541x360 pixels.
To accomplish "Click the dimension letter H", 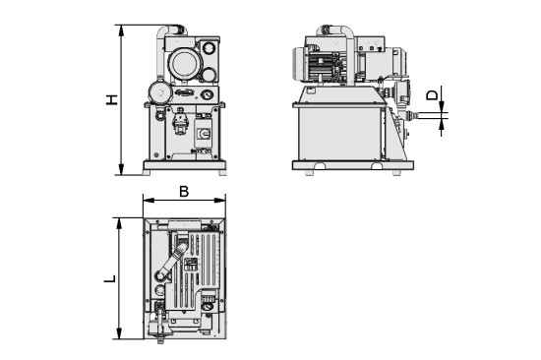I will point(112,99).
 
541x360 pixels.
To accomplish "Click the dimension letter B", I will point(183,192).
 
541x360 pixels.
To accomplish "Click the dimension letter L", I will point(111,278).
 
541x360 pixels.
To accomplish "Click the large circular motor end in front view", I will point(183,65).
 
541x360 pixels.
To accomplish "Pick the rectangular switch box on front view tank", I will point(206,135).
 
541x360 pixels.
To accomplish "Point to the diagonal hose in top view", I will point(168,267).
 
